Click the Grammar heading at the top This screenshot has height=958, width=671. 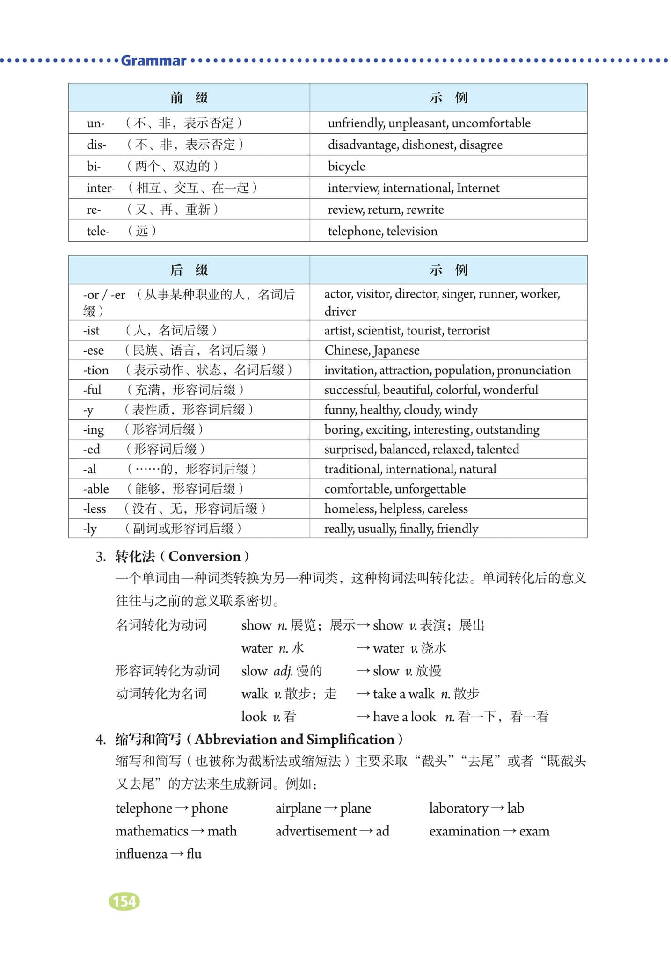point(153,61)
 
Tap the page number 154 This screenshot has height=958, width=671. point(124,901)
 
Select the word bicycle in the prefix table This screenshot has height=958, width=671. point(346,167)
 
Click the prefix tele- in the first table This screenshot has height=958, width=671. point(98,231)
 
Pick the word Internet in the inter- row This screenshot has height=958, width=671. point(478,188)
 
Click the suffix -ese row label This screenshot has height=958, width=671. point(94,350)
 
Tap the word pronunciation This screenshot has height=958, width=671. point(533,370)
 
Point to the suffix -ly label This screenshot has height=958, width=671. point(90,529)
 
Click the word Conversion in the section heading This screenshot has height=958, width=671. point(204,557)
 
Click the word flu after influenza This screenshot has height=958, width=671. point(194,854)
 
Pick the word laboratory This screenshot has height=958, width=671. point(458,808)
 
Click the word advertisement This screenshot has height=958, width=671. point(316,831)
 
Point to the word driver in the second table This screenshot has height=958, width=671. point(340,312)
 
